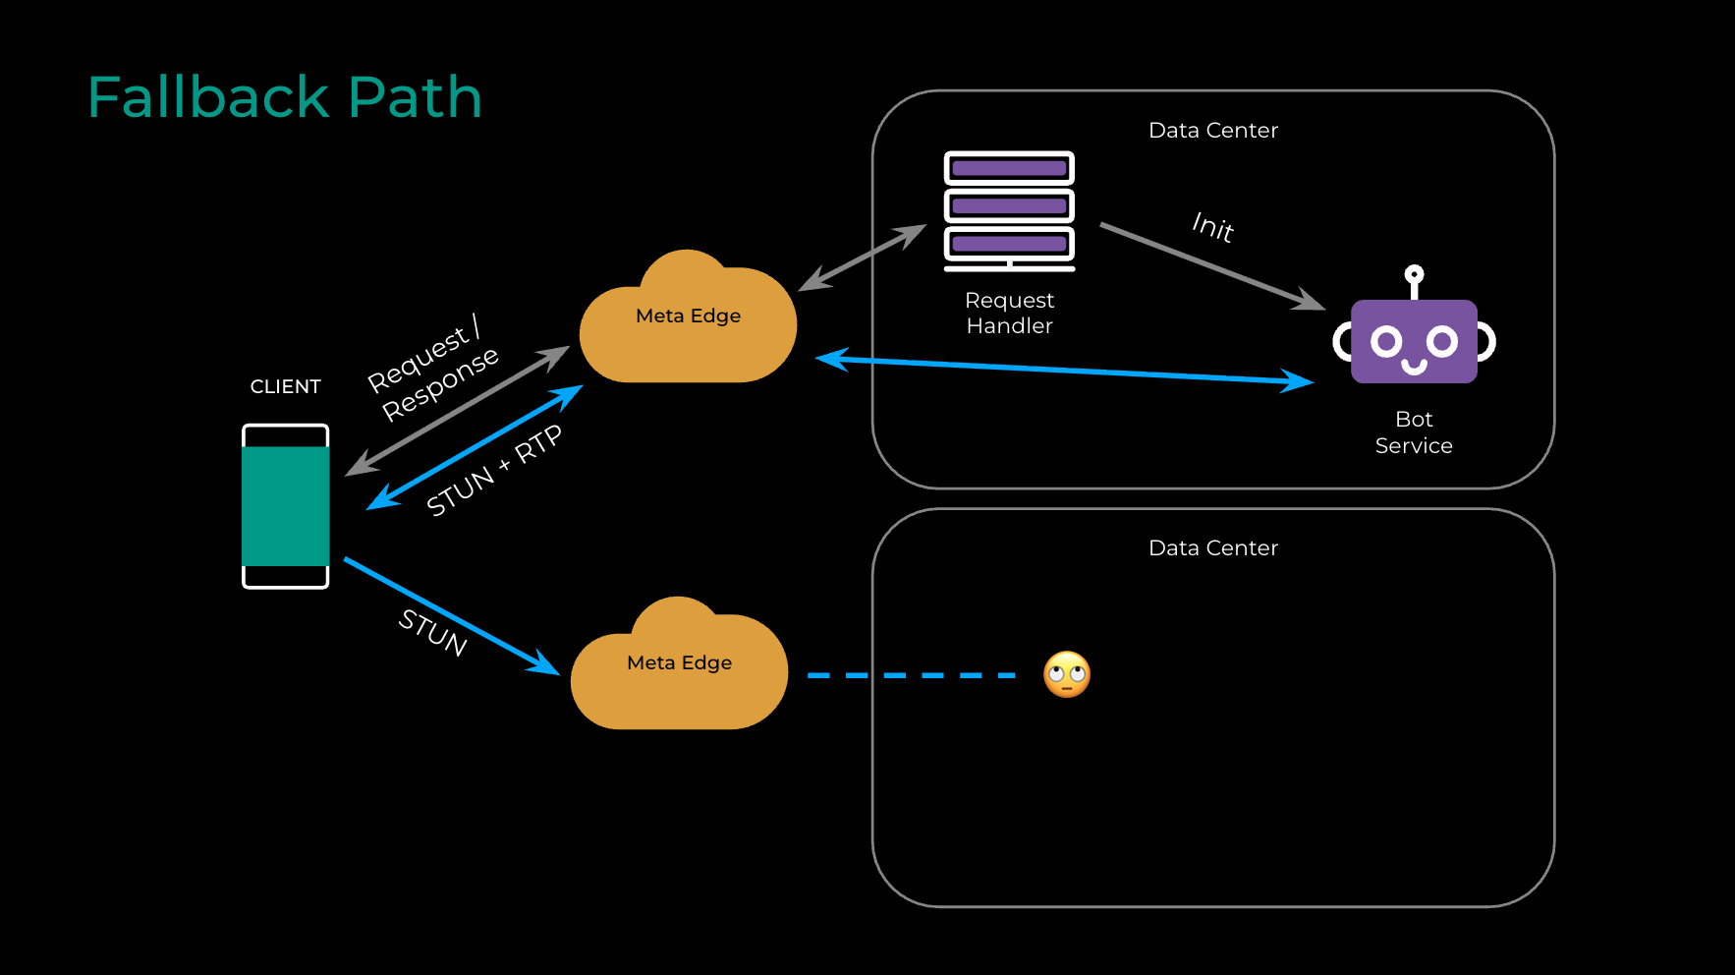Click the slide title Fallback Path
pyautogui.click(x=285, y=97)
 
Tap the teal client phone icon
pyautogui.click(x=286, y=506)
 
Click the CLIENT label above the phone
pyautogui.click(x=285, y=386)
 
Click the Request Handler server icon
pyautogui.click(x=1009, y=209)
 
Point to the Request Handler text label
pyautogui.click(x=1009, y=313)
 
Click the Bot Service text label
pyautogui.click(x=1414, y=432)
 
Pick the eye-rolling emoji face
pyautogui.click(x=1067, y=675)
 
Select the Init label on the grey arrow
pyautogui.click(x=1213, y=227)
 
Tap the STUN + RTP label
pyautogui.click(x=494, y=471)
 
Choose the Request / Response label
pyautogui.click(x=433, y=369)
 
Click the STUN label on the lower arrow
pyautogui.click(x=432, y=631)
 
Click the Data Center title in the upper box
pyautogui.click(x=1213, y=130)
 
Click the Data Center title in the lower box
pyautogui.click(x=1213, y=547)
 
